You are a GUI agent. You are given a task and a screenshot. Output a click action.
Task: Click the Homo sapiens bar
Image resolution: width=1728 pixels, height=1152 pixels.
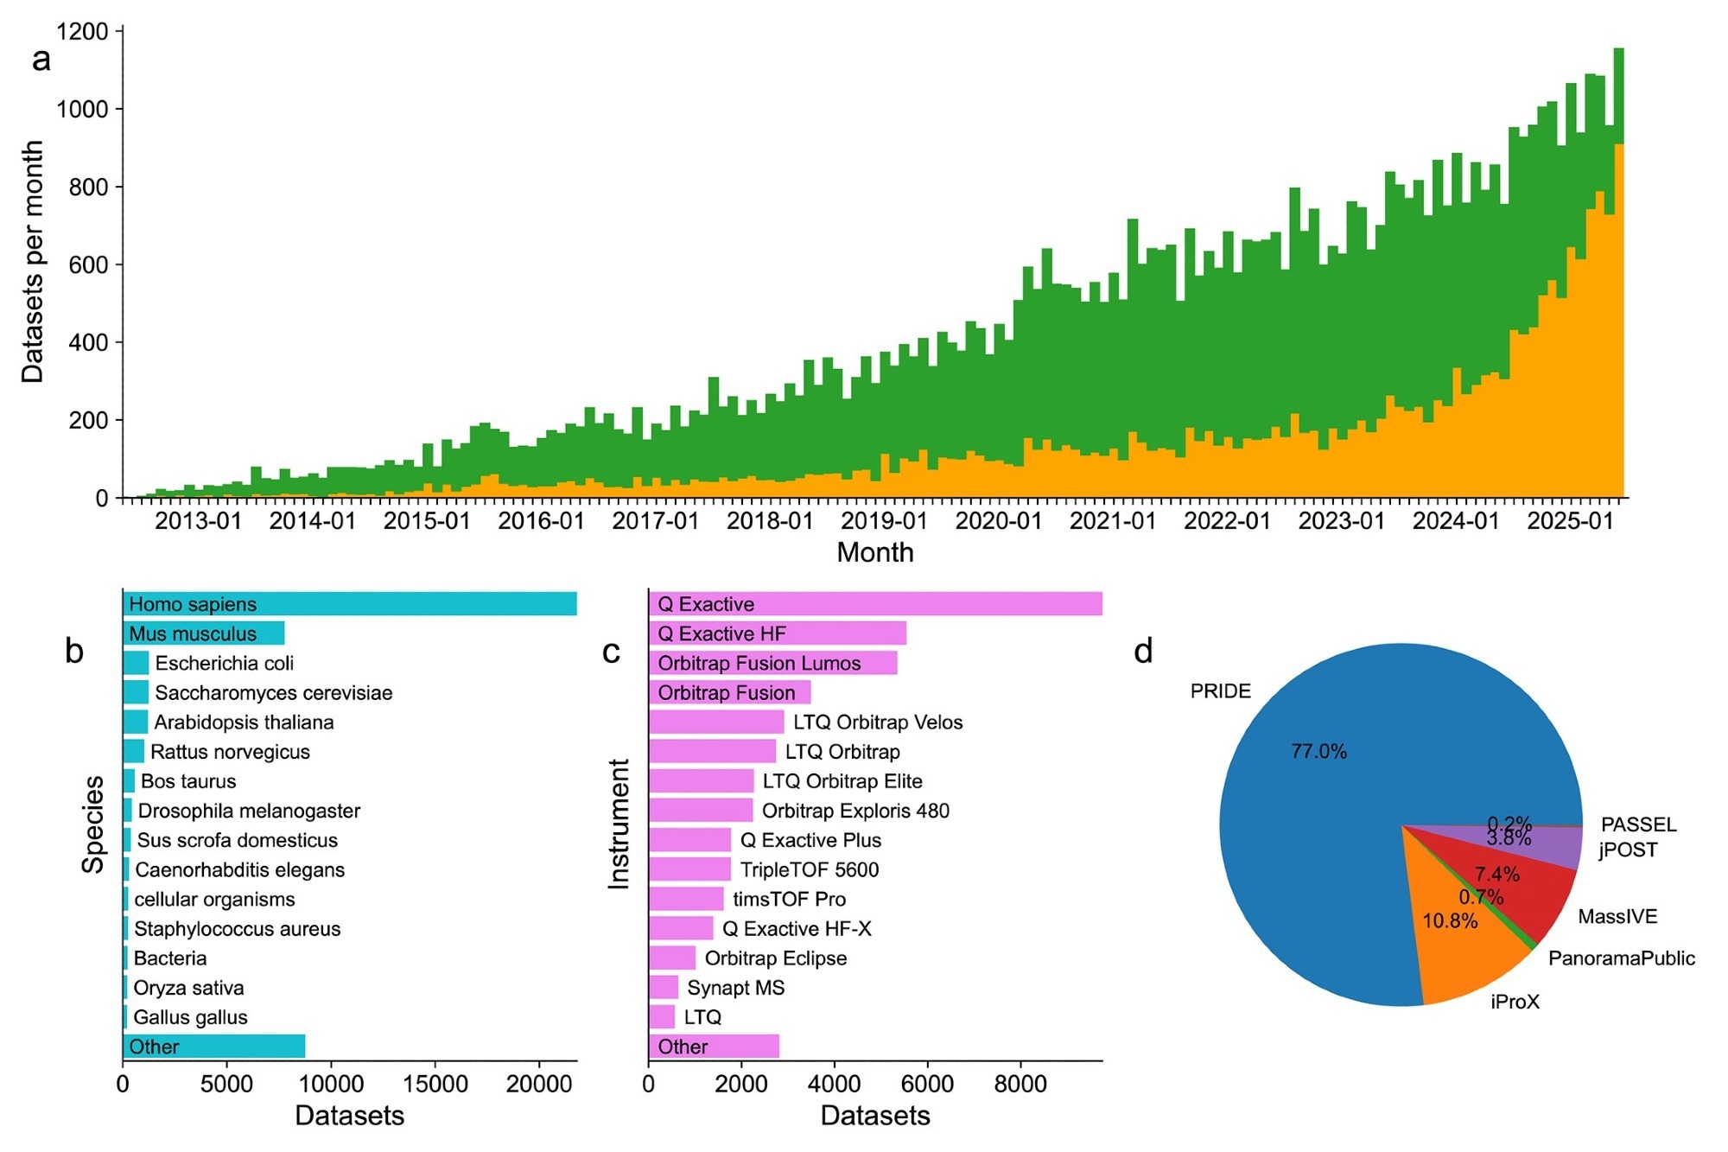click(x=349, y=604)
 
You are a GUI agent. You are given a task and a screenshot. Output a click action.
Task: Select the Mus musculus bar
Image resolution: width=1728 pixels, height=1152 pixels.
click(x=204, y=633)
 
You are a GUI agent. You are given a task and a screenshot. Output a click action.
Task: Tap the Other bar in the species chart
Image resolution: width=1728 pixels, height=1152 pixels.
click(x=213, y=1047)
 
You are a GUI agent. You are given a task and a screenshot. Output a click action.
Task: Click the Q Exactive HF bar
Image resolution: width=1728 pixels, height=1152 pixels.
click(x=777, y=633)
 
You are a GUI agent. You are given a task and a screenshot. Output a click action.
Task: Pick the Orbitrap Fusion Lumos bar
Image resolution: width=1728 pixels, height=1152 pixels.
click(x=772, y=663)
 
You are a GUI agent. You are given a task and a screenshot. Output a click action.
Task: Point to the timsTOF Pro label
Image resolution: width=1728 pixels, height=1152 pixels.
click(x=789, y=900)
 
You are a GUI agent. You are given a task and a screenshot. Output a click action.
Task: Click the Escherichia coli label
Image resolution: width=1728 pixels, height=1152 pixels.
click(x=224, y=664)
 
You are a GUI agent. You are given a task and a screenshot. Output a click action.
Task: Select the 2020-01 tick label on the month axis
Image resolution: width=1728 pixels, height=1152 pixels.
click(x=998, y=521)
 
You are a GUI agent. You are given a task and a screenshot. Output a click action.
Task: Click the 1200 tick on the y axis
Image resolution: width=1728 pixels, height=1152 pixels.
click(x=82, y=32)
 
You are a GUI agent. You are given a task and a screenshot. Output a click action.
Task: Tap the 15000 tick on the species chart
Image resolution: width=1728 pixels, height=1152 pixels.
click(x=434, y=1084)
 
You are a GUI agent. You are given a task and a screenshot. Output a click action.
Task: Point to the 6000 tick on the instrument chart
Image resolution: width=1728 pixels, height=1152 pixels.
click(x=927, y=1084)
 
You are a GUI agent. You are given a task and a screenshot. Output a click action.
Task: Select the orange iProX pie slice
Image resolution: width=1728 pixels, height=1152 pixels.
click(x=1460, y=951)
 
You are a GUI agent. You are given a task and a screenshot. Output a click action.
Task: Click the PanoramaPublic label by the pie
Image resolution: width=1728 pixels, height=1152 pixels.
click(x=1621, y=958)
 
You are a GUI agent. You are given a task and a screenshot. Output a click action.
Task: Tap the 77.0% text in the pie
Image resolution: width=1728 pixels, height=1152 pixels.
click(x=1318, y=752)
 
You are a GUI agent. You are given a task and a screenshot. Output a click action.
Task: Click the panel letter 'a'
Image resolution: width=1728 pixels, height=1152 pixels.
click(x=41, y=60)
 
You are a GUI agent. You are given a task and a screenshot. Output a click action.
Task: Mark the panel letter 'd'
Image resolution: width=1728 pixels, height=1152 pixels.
click(x=1143, y=652)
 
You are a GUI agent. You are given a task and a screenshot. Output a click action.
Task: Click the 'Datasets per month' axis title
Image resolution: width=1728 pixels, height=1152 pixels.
click(x=33, y=262)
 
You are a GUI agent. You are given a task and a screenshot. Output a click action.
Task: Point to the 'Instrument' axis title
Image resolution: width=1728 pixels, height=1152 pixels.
click(x=619, y=824)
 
